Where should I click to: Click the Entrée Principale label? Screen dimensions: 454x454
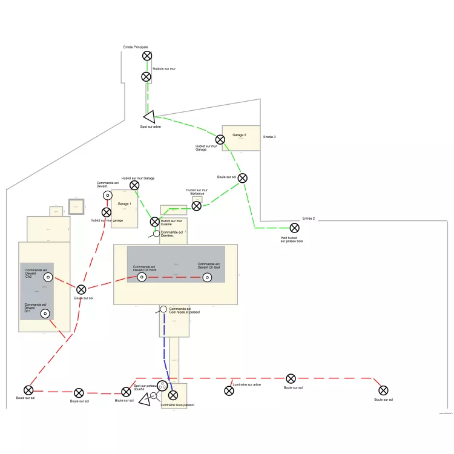click(x=135, y=47)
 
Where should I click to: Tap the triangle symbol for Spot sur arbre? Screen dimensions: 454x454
click(x=150, y=116)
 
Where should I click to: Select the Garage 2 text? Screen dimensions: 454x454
click(x=240, y=135)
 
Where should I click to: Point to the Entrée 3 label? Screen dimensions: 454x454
click(x=269, y=137)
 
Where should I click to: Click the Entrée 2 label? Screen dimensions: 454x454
click(x=309, y=219)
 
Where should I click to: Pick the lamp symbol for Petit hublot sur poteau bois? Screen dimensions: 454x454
click(x=294, y=228)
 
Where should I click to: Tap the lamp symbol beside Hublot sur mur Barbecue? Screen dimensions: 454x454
click(x=196, y=206)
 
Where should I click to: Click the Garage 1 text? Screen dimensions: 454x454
click(x=124, y=204)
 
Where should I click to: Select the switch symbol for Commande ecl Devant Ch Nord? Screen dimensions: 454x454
click(x=142, y=277)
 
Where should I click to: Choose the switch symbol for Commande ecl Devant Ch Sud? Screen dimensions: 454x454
click(x=207, y=277)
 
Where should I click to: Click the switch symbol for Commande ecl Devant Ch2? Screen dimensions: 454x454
click(x=48, y=278)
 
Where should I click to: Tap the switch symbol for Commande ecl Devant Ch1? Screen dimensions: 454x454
click(x=45, y=314)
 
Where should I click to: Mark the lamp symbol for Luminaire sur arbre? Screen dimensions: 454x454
click(x=229, y=391)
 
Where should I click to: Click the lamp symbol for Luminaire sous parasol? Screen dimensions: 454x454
click(x=173, y=395)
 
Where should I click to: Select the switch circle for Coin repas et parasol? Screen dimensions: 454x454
click(x=163, y=310)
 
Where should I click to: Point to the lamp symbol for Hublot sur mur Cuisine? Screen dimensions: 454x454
click(x=155, y=222)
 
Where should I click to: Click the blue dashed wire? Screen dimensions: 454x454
click(x=166, y=351)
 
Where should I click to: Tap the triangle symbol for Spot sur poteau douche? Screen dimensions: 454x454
click(x=144, y=400)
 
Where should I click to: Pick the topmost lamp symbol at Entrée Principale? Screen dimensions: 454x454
click(x=147, y=56)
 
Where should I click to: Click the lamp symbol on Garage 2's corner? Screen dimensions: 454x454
click(x=220, y=140)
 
